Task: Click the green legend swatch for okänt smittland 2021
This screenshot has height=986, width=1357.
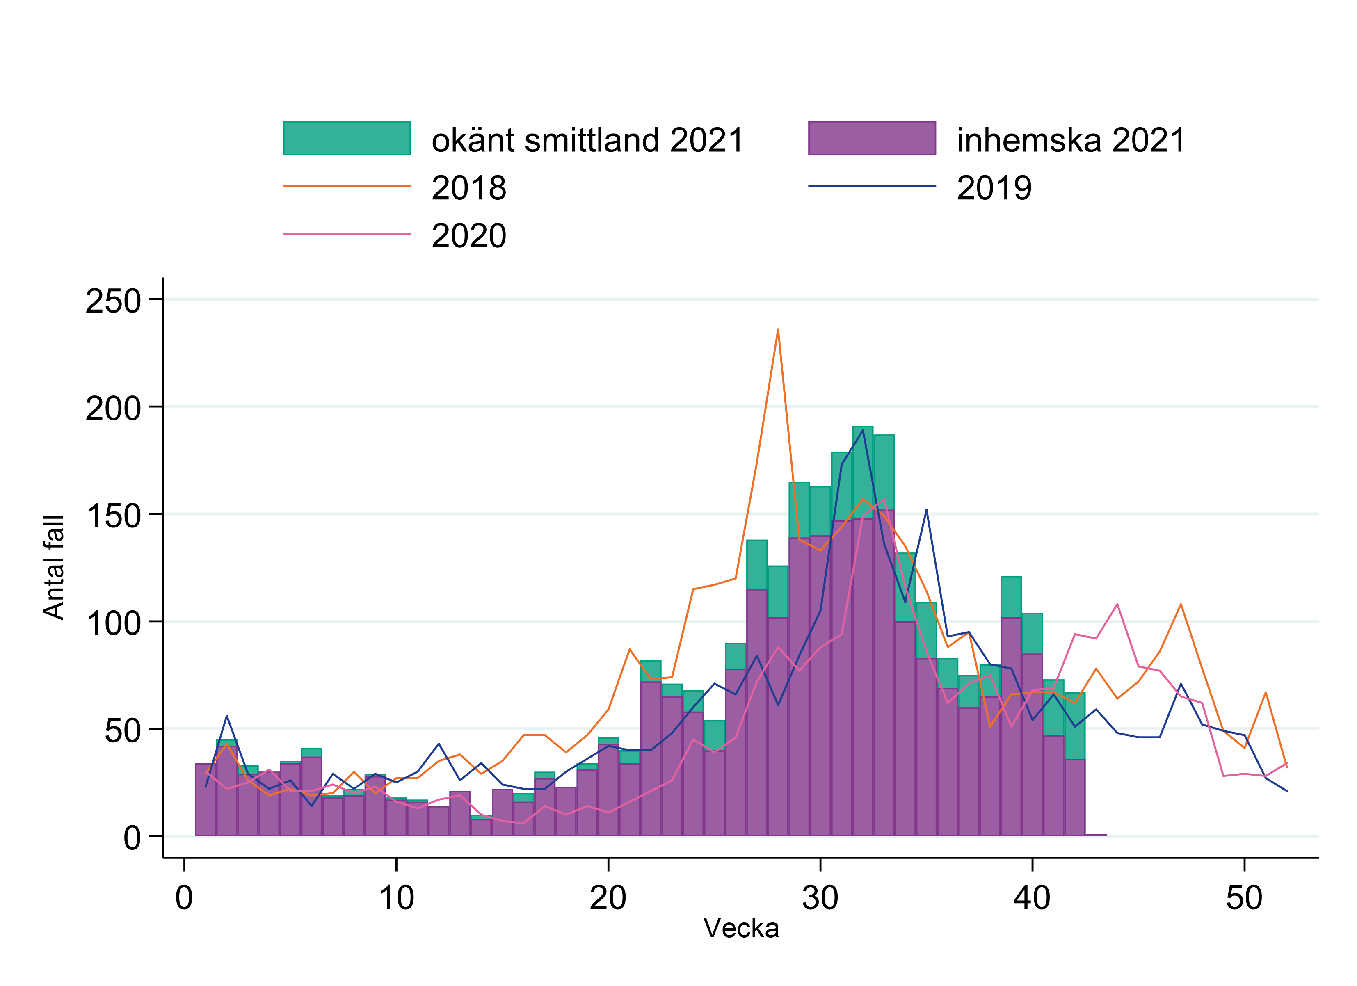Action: tap(347, 138)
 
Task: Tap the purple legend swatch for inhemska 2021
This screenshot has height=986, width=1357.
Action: tap(872, 138)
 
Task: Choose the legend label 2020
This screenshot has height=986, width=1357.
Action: tap(468, 236)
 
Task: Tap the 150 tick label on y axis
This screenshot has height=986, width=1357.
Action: tap(113, 516)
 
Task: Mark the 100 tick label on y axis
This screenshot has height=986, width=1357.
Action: tap(113, 623)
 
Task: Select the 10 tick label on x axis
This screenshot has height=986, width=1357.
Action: tap(396, 897)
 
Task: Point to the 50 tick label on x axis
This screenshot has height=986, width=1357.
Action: tap(1244, 897)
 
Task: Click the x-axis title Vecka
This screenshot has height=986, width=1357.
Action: tap(741, 929)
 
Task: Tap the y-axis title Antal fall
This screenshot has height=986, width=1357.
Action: tap(54, 567)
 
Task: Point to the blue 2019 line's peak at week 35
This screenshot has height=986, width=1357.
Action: tap(926, 510)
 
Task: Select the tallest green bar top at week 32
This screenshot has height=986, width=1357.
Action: tap(863, 427)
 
